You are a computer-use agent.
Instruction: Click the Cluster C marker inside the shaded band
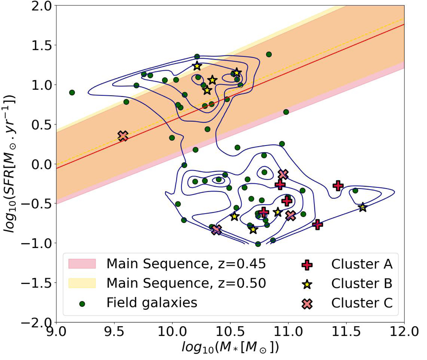(x=123, y=136)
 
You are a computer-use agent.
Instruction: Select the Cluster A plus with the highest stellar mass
(x=338, y=185)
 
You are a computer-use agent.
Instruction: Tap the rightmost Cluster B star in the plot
(x=363, y=207)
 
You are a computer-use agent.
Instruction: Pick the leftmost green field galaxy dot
(x=72, y=92)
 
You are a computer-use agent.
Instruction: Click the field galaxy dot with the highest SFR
(x=269, y=54)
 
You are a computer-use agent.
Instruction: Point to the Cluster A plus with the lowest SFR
(x=317, y=224)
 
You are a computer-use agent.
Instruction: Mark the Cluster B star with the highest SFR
(x=197, y=66)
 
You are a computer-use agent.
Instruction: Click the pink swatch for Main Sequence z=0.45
(x=82, y=264)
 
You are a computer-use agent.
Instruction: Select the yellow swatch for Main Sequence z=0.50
(x=82, y=283)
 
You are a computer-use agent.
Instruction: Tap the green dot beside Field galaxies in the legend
(x=82, y=304)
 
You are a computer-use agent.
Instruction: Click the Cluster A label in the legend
(x=362, y=264)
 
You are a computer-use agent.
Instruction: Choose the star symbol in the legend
(x=307, y=284)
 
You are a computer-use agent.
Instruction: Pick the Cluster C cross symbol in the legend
(x=307, y=303)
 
